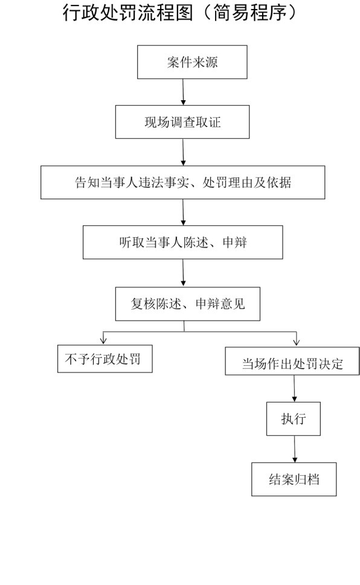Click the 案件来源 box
(x=192, y=62)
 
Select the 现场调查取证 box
(x=182, y=122)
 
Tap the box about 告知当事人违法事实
(x=182, y=182)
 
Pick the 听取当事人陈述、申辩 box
(x=182, y=242)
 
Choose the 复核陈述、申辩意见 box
(x=187, y=304)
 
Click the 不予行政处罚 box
(x=105, y=359)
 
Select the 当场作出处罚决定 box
(x=292, y=361)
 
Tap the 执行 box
(x=294, y=418)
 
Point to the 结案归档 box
(x=294, y=479)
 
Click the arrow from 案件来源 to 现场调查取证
(x=183, y=92)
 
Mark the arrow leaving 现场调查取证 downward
(x=183, y=152)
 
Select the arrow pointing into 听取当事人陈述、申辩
(x=183, y=213)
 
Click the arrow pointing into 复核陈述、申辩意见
(x=183, y=273)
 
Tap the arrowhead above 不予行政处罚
(x=103, y=340)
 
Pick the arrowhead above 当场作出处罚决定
(x=297, y=341)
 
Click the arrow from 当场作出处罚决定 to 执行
(x=294, y=388)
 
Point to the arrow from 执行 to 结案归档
(x=295, y=449)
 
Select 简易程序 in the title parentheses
(x=249, y=13)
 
